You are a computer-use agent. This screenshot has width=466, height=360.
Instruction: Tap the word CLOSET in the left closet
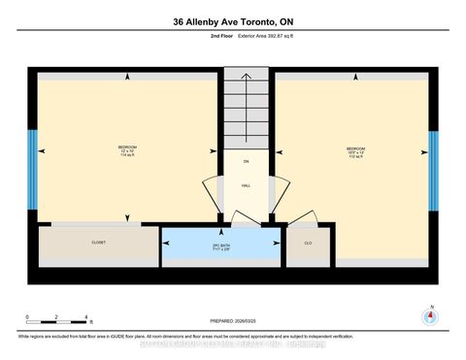(x=98, y=243)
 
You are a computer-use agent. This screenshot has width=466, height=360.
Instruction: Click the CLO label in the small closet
(x=308, y=243)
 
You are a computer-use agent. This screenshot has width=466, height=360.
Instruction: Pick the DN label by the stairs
(x=247, y=161)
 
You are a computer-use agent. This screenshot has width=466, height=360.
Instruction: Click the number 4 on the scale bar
(x=86, y=317)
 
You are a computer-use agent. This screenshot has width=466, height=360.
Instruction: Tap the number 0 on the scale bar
(x=28, y=317)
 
